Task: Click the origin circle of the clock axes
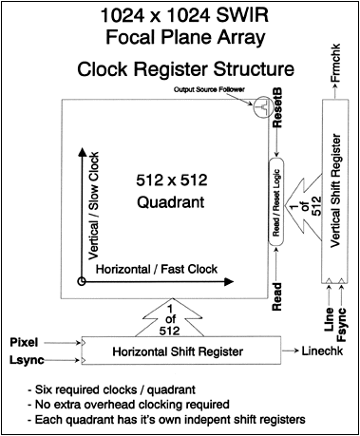click(x=83, y=282)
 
